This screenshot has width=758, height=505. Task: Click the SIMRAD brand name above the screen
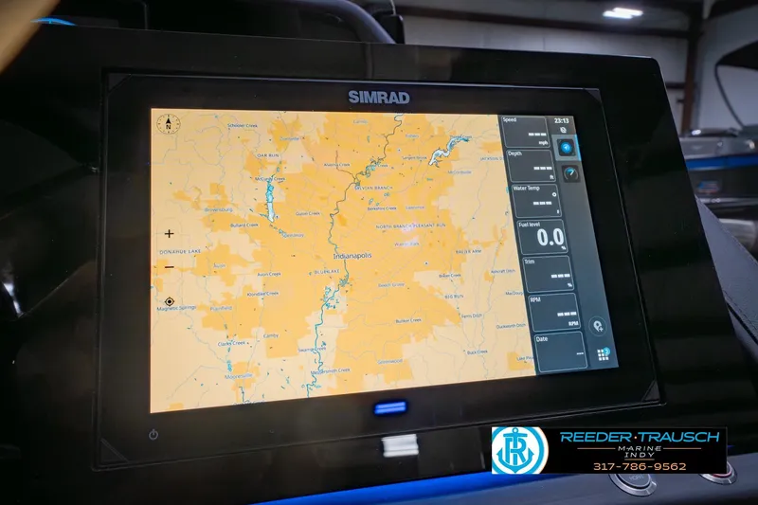[x=379, y=97]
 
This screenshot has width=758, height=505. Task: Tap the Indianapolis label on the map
[x=352, y=256]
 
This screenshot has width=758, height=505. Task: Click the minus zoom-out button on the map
[x=170, y=266]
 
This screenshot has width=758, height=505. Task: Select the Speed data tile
[x=524, y=132]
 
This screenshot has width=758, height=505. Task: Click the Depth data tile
[x=530, y=165]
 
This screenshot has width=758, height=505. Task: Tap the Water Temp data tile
[x=536, y=200]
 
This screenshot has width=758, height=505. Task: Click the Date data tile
[x=559, y=350]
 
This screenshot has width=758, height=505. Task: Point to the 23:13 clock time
[x=561, y=121]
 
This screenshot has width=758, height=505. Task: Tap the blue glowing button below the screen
[x=390, y=408]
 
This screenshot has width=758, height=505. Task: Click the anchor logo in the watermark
[x=518, y=449]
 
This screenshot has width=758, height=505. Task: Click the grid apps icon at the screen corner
[x=604, y=356]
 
